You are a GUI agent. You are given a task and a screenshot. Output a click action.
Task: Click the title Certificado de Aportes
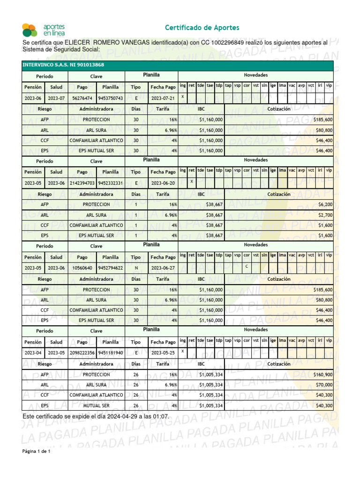[202, 28]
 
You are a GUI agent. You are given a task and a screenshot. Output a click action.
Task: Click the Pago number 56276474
[82, 98]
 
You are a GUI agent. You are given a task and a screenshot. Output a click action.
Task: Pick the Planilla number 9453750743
[111, 98]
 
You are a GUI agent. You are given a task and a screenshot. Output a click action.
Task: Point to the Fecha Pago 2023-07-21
[163, 98]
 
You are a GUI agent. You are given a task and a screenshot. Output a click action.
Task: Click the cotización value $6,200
[325, 204]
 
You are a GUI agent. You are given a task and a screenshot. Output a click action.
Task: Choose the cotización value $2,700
[325, 215]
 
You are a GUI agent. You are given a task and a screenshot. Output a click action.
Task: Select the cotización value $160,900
[322, 375]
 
